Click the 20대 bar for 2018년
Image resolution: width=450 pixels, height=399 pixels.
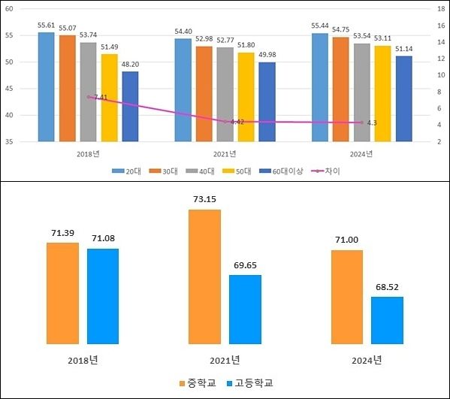47,86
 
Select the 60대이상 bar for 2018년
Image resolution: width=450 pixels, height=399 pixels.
130,106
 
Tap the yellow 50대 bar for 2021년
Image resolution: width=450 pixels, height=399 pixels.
246,97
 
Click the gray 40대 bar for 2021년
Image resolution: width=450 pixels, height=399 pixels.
225,94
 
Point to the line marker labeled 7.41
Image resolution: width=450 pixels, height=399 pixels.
89,97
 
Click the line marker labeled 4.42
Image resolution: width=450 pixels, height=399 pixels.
225,121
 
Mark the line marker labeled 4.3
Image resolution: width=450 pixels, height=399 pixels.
361,122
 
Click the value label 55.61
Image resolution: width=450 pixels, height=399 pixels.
47,25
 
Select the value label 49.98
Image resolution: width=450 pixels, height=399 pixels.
267,54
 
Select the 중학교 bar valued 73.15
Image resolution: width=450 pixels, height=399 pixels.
204,277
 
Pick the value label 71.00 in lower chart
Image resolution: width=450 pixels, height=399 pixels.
347,239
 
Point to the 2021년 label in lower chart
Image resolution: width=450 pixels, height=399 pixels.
225,359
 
